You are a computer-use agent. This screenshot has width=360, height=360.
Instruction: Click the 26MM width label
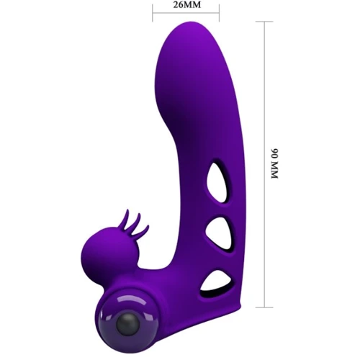[x=187, y=5]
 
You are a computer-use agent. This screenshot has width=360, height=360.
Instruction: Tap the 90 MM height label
[x=274, y=163]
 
